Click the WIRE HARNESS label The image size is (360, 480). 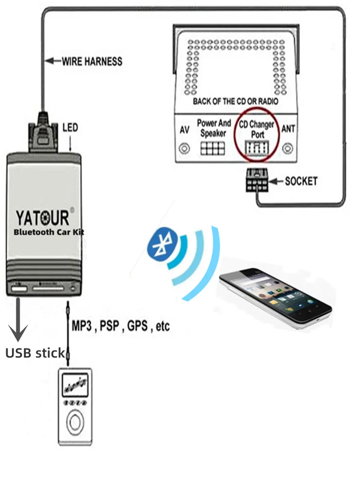pos(92,61)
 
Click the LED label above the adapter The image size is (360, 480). pos(70,128)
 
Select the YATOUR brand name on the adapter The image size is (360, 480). pos(43,218)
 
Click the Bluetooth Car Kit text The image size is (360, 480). pos(49,232)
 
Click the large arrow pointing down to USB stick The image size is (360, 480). pos(18,319)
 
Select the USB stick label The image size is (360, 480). pos(35,354)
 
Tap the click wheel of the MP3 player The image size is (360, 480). pos(74,422)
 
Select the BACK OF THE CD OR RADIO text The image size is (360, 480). pos(236,101)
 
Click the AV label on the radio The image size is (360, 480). pos(183,130)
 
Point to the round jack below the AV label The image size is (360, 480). pos(184,148)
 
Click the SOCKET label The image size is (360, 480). pos(301,181)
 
